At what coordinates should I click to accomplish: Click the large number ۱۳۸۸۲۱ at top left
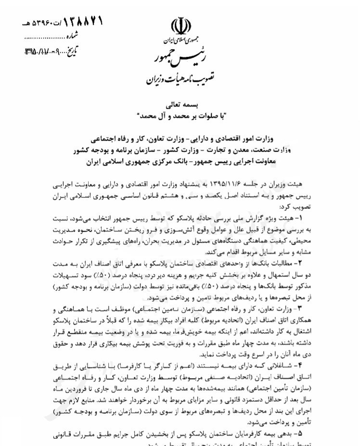[x=80, y=21]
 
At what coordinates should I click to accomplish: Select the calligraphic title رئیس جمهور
[x=179, y=58]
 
